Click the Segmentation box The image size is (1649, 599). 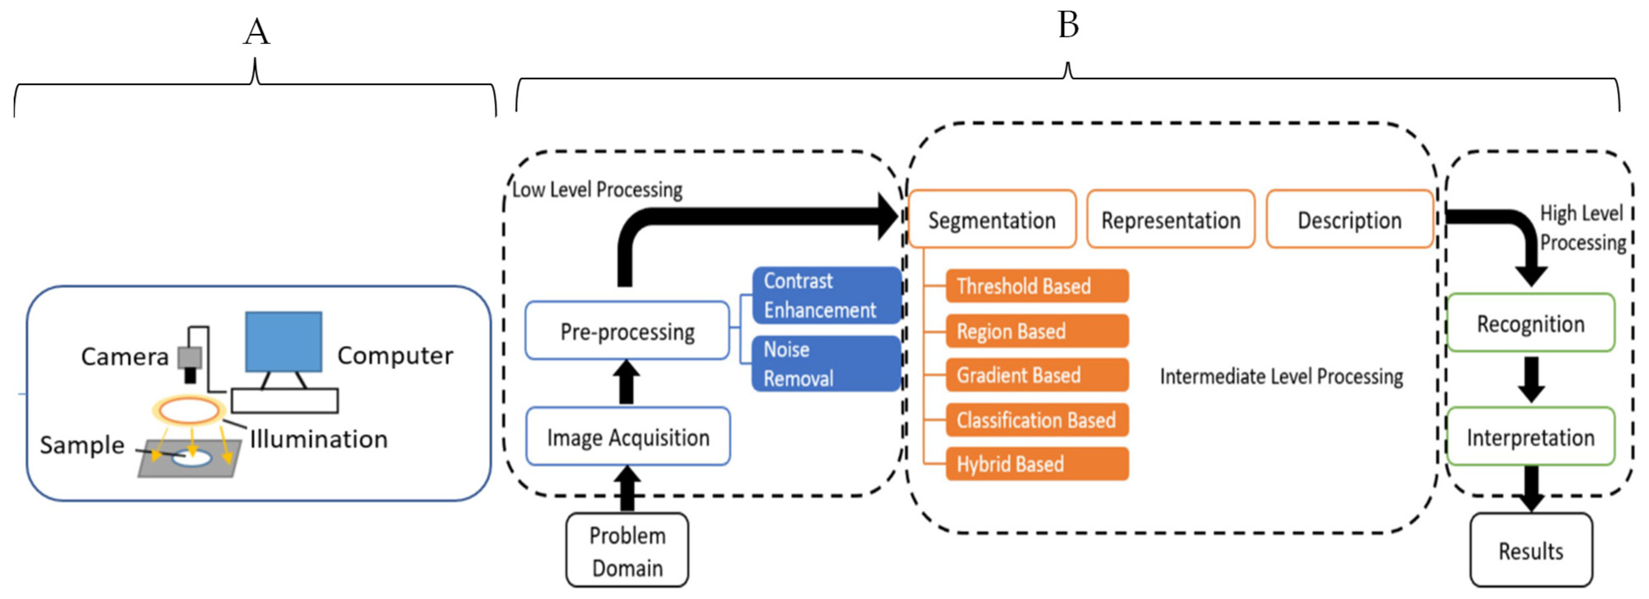pyautogui.click(x=991, y=219)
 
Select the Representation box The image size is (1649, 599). pyautogui.click(x=1170, y=219)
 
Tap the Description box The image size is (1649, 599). pyautogui.click(x=1349, y=219)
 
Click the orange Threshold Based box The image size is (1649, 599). pyautogui.click(x=1037, y=286)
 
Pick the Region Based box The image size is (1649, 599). pyautogui.click(x=1037, y=331)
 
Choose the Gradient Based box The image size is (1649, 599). pyautogui.click(x=1037, y=375)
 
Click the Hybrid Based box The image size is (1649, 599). pyautogui.click(x=1037, y=464)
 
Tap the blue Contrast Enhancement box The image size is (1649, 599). pyautogui.click(x=826, y=295)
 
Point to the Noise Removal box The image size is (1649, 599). pyautogui.click(x=826, y=363)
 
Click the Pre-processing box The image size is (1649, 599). pyautogui.click(x=627, y=331)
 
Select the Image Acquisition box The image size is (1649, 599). pyautogui.click(x=628, y=436)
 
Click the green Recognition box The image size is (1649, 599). pyautogui.click(x=1531, y=323)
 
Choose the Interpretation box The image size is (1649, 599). pyautogui.click(x=1531, y=436)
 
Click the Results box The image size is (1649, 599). pyautogui.click(x=1531, y=550)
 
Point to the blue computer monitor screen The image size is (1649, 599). pyautogui.click(x=283, y=341)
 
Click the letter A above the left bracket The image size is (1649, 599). pyautogui.click(x=256, y=32)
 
